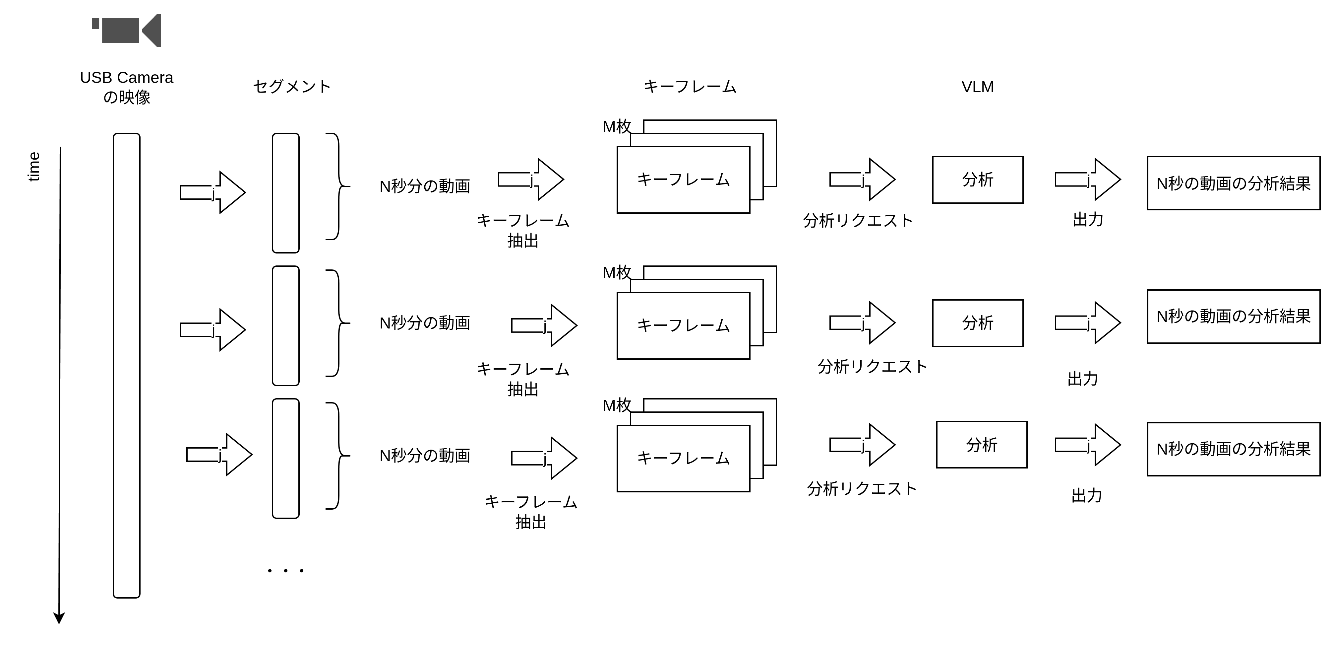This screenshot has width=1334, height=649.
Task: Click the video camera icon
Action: point(126,31)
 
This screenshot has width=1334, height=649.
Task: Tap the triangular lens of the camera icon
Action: point(153,31)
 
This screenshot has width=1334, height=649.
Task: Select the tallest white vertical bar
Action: point(126,365)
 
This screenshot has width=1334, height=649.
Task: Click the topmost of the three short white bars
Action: point(285,193)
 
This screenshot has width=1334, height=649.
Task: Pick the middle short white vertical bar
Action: point(285,325)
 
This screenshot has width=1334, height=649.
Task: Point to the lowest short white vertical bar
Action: point(285,458)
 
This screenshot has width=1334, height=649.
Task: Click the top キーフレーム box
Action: point(683,180)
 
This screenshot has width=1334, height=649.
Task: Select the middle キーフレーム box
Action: point(683,325)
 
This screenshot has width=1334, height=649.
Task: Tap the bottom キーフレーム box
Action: point(683,458)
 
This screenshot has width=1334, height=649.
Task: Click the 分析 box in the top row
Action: point(977,180)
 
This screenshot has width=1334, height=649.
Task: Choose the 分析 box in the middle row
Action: point(977,323)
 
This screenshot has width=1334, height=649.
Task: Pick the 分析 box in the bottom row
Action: point(981,445)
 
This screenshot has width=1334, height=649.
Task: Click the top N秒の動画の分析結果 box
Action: point(1233,183)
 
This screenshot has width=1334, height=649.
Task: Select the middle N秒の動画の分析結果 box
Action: point(1233,316)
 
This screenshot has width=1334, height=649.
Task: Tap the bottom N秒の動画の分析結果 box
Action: point(1233,449)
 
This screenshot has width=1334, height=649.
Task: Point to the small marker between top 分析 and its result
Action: point(1088,180)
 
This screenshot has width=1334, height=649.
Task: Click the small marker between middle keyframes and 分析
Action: point(863,324)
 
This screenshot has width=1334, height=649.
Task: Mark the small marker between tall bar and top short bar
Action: point(213,193)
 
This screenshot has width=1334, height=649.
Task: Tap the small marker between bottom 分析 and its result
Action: point(1088,446)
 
